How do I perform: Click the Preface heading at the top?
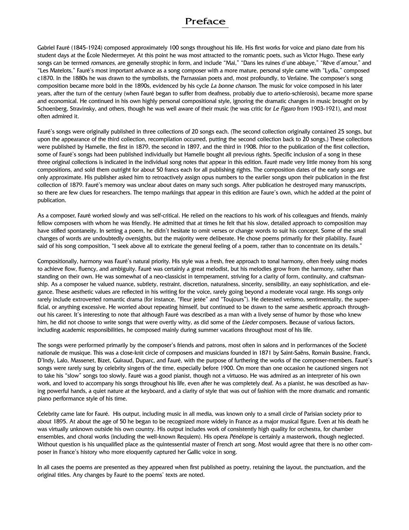point(205,21)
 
